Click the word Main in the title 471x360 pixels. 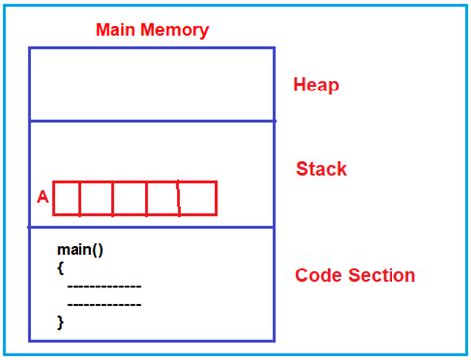115,29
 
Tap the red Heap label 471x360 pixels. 316,85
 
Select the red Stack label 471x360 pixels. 321,169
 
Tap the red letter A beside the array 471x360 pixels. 42,198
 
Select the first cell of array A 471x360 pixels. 67,198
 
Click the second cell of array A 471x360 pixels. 96,198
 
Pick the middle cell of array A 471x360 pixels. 129,198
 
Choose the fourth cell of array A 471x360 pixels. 162,198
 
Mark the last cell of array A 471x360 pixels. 197,198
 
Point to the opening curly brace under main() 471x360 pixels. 61,269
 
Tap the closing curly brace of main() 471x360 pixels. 61,321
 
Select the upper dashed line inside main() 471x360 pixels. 103,286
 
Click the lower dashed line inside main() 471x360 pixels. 103,304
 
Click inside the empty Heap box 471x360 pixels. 151,84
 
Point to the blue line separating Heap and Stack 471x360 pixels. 151,121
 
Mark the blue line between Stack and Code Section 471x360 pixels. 151,227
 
